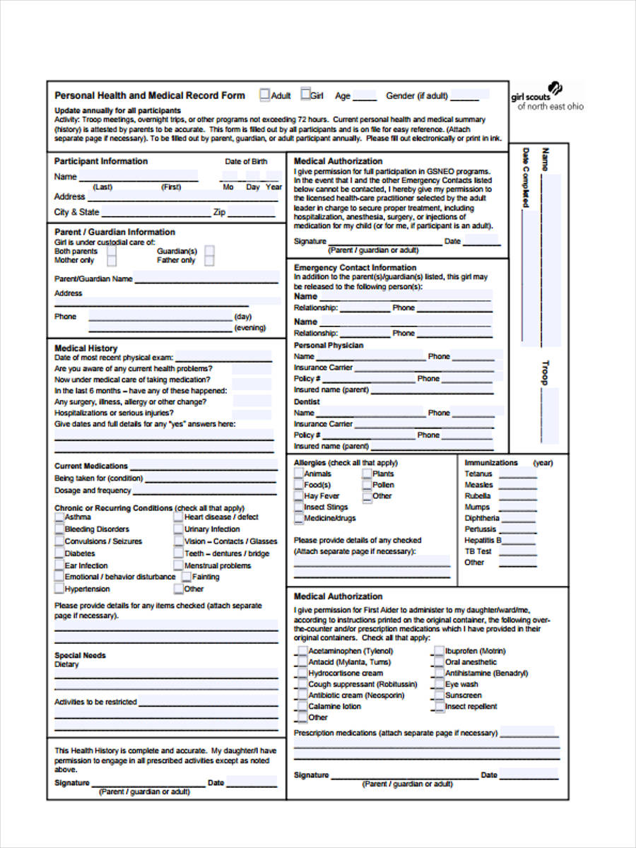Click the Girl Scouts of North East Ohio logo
pyautogui.click(x=547, y=98)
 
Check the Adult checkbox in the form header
pyautogui.click(x=265, y=95)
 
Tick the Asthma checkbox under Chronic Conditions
pyautogui.click(x=59, y=517)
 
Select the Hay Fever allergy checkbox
pyautogui.click(x=299, y=496)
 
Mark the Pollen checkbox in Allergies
pyautogui.click(x=367, y=485)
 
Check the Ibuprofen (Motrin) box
pyautogui.click(x=439, y=651)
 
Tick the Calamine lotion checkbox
pyautogui.click(x=302, y=707)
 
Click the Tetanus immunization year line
pyautogui.click(x=517, y=475)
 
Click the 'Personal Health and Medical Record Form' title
pyautogui.click(x=150, y=95)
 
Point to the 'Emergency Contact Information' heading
pyautogui.click(x=355, y=268)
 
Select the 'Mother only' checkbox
pyautogui.click(x=112, y=261)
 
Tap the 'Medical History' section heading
pyautogui.click(x=86, y=348)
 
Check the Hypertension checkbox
pyautogui.click(x=59, y=589)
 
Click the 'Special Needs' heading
pyautogui.click(x=80, y=655)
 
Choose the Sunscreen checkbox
pyautogui.click(x=439, y=695)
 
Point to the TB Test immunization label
pyautogui.click(x=478, y=551)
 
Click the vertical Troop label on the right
pyautogui.click(x=545, y=372)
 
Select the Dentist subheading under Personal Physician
pyautogui.click(x=307, y=401)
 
